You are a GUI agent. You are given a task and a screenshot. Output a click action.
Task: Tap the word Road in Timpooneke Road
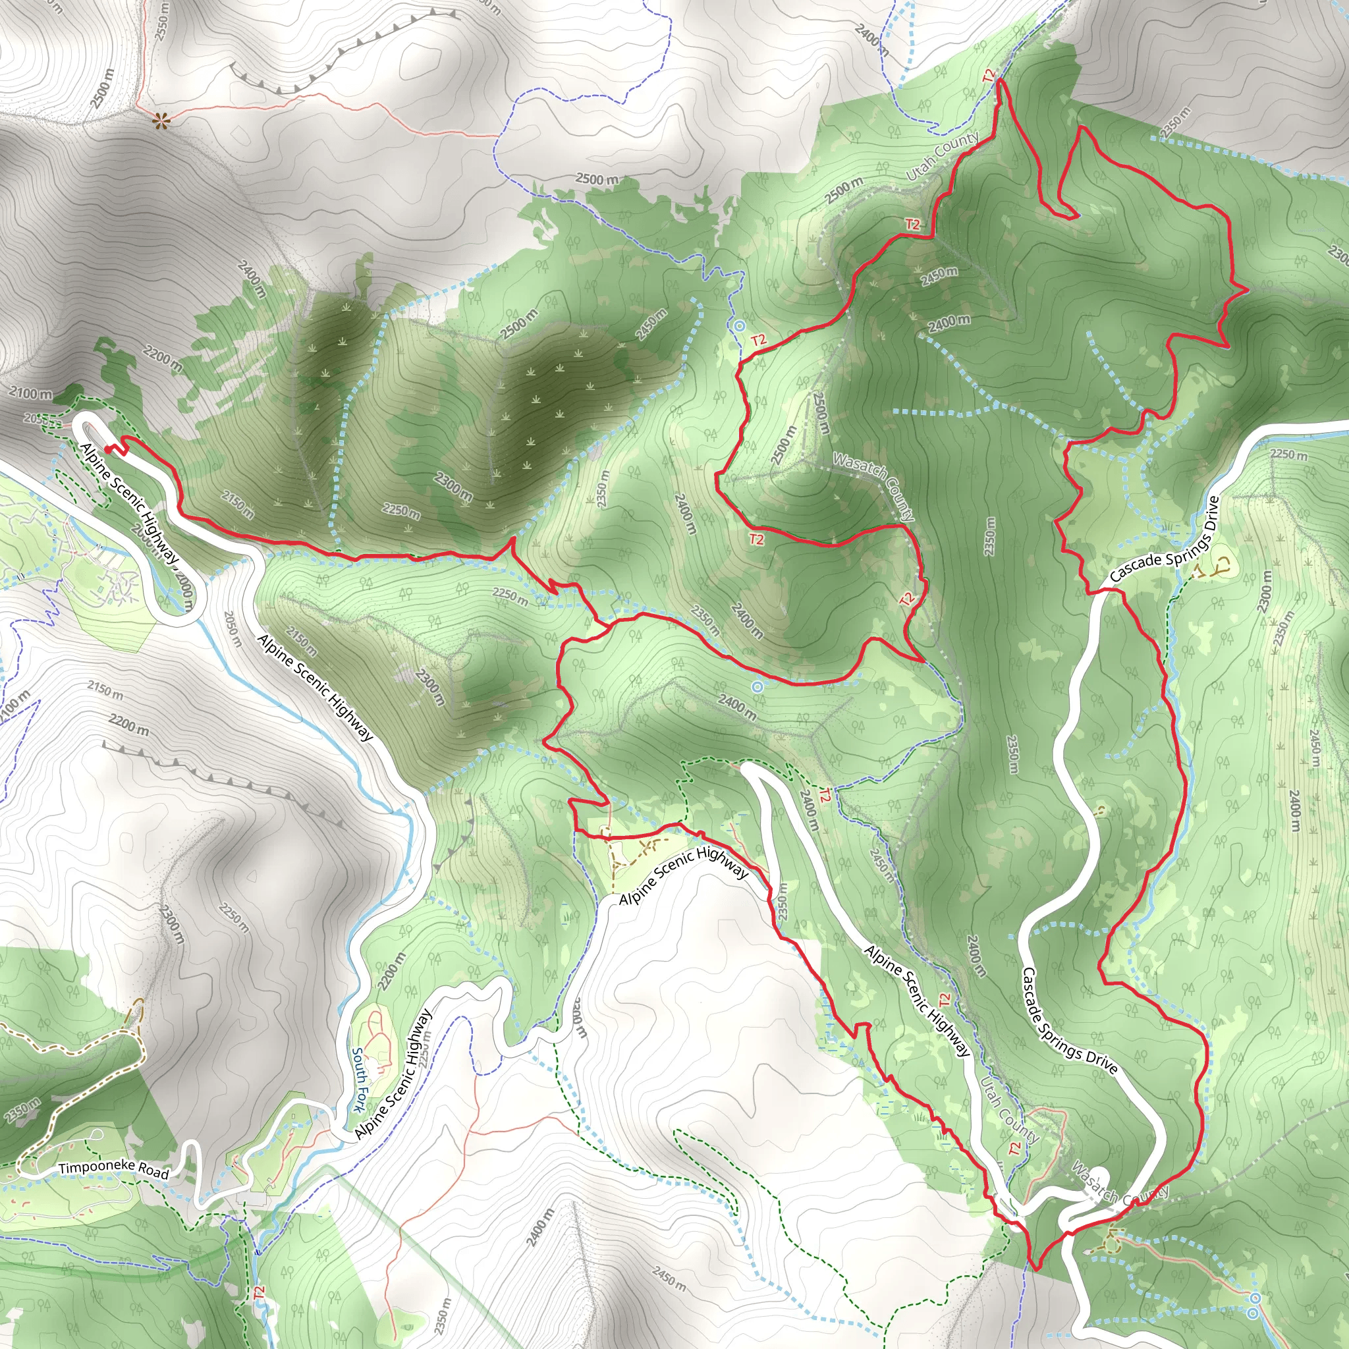click(x=153, y=1172)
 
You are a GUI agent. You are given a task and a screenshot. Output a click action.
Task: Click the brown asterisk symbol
click(x=161, y=121)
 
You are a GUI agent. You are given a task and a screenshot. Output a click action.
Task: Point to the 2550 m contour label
click(x=162, y=21)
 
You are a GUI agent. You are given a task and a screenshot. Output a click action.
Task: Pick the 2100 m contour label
click(x=31, y=394)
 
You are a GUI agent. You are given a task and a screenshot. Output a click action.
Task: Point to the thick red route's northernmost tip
click(x=1001, y=81)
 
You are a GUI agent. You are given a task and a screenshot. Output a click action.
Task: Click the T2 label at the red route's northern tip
click(x=989, y=75)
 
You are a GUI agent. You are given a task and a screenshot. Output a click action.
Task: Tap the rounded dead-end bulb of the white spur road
click(x=1097, y=1174)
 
